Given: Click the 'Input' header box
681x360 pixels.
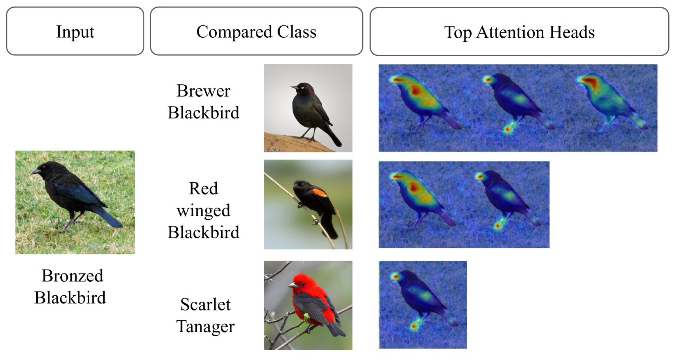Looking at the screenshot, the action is (75, 31).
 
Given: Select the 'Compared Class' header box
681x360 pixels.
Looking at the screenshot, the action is (256, 31).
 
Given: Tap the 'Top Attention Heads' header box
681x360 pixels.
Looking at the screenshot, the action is (519, 31).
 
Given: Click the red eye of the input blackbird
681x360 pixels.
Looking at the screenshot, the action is (44, 167).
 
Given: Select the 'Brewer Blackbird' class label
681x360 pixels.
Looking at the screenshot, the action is (203, 102).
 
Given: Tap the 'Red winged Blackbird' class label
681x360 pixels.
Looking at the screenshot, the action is (203, 210).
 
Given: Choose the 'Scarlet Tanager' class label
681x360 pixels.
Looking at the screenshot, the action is (205, 315).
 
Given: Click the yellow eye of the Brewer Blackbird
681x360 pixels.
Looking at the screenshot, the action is (302, 88).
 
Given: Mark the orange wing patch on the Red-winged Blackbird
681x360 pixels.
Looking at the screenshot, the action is (319, 192).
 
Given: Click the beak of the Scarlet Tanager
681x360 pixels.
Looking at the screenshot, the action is (293, 285).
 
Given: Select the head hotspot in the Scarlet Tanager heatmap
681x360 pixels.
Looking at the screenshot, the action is (395, 276).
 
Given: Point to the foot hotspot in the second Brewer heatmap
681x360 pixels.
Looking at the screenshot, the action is (507, 130).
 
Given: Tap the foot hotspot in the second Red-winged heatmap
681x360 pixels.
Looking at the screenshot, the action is (498, 226).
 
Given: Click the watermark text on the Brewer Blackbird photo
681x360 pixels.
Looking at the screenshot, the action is (272, 149).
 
